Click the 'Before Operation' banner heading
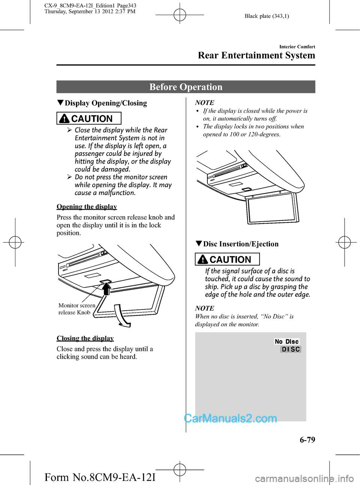pos(186,87)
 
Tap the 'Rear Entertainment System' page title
pos(256,56)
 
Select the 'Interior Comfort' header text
pos(297,47)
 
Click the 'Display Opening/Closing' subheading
pos(106,103)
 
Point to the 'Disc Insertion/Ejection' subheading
pos(241,244)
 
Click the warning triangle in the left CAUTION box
pos(64,119)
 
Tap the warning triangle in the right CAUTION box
pos(203,260)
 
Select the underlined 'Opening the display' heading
pos(87,207)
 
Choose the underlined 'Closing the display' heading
pos(85,338)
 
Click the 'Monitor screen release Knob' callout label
pos(76,309)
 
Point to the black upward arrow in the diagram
pos(106,289)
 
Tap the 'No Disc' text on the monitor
pos(287,342)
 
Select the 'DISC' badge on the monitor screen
pos(291,349)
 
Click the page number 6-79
pos(307,440)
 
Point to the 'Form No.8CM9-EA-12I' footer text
pos(100,477)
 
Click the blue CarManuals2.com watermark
pos(230,418)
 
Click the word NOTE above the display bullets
pos(205,103)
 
